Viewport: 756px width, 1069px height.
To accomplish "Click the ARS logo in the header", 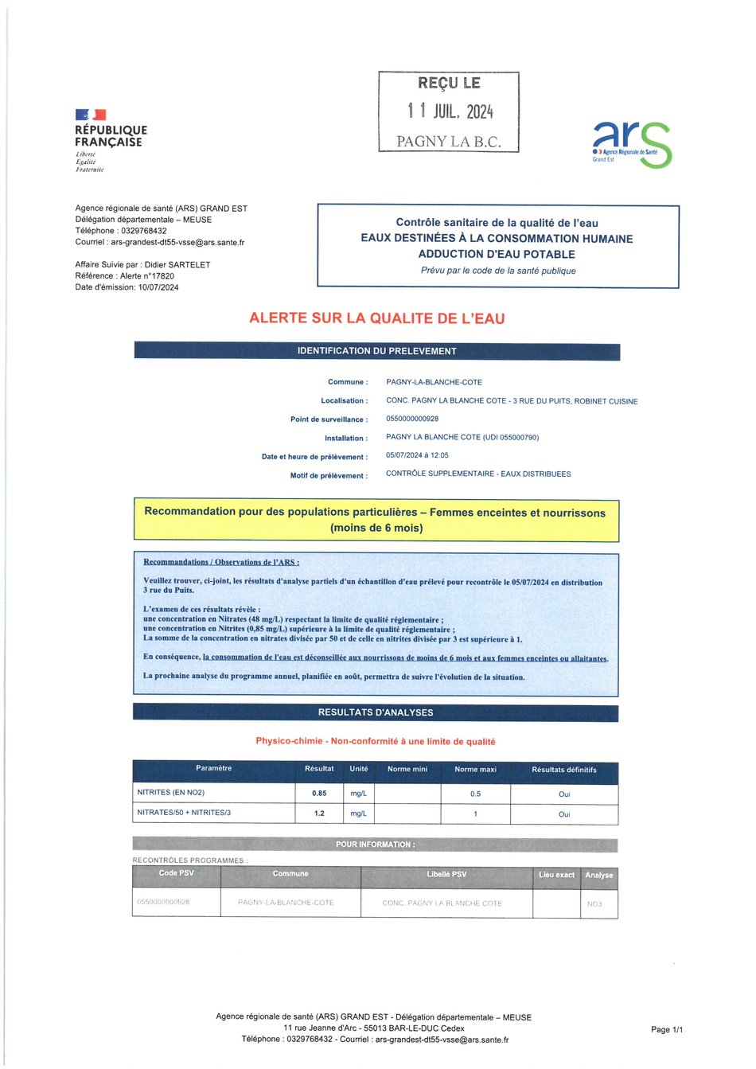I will (x=632, y=143).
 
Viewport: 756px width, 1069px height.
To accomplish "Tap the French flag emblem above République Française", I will (x=91, y=115).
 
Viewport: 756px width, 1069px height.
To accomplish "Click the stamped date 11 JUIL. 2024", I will (x=450, y=111).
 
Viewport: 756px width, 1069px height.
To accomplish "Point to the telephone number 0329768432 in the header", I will (x=144, y=231).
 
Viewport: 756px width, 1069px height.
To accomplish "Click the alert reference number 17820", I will (x=160, y=276).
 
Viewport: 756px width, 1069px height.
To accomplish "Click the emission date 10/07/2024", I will (x=158, y=287).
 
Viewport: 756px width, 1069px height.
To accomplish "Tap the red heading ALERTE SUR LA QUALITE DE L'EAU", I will (x=376, y=318).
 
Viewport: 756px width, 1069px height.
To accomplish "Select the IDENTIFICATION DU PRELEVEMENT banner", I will (x=376, y=351).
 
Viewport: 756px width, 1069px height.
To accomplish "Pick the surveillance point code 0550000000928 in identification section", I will (x=412, y=419).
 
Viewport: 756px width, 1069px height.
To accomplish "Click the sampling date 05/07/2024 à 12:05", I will (x=417, y=455).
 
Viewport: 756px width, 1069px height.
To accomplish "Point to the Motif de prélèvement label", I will (x=329, y=476).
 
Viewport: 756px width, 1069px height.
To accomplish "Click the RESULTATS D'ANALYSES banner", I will (x=376, y=712).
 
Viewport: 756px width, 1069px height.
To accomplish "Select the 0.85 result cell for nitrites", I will (x=319, y=794).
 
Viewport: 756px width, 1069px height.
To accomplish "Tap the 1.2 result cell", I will (x=319, y=813).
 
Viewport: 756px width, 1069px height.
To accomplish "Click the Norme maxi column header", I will (x=475, y=769).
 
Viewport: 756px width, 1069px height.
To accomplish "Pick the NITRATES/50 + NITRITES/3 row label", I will (x=184, y=813).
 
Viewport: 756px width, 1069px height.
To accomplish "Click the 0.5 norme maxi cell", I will (x=475, y=794).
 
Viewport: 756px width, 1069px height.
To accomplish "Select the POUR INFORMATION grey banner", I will (x=375, y=845).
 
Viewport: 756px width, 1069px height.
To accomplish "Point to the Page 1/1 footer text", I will (x=667, y=1029).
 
